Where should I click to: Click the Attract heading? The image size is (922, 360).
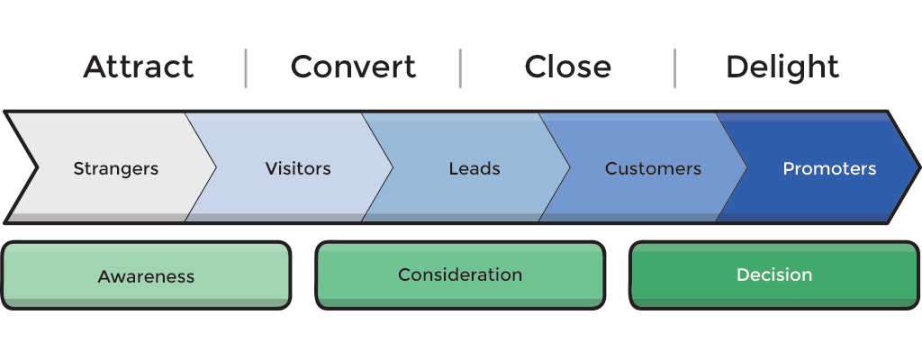pos(139,67)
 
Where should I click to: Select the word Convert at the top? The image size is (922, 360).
pos(353,67)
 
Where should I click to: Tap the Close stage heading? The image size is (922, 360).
pos(567,67)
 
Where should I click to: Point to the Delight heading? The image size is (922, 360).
pos(782,67)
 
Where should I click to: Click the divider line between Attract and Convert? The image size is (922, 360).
pos(246,68)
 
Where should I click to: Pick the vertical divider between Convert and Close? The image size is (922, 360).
pos(460,68)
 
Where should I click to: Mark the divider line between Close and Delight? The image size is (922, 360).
pos(674,68)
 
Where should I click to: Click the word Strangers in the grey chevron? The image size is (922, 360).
pos(115,168)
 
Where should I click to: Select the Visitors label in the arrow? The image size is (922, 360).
pos(298,168)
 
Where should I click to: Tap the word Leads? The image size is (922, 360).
pos(475,168)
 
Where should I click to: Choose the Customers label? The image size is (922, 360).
pos(653,168)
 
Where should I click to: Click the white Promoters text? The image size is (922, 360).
pos(829,168)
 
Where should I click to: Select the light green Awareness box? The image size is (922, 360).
pos(146,275)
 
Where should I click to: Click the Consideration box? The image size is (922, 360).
pos(460,274)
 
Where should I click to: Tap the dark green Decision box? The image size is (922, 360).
pos(774,274)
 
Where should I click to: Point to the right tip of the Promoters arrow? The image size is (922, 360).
pos(918,167)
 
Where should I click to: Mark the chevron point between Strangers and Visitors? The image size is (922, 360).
pos(215,167)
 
